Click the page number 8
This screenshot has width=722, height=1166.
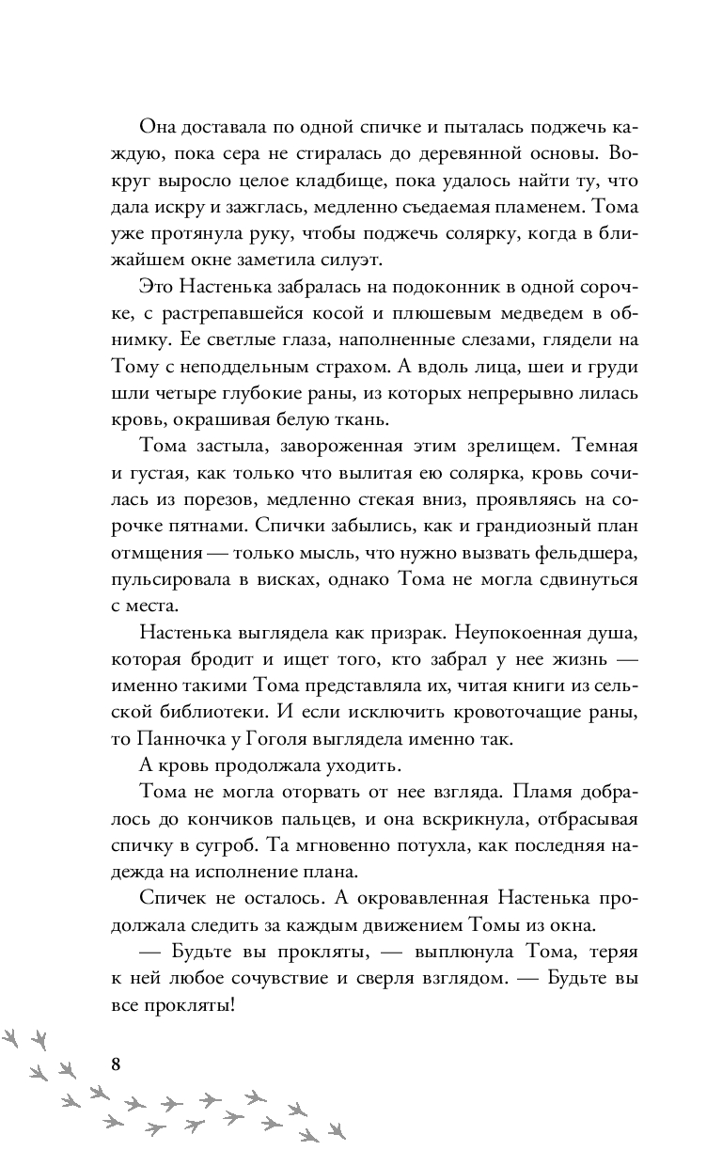click(x=116, y=1064)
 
